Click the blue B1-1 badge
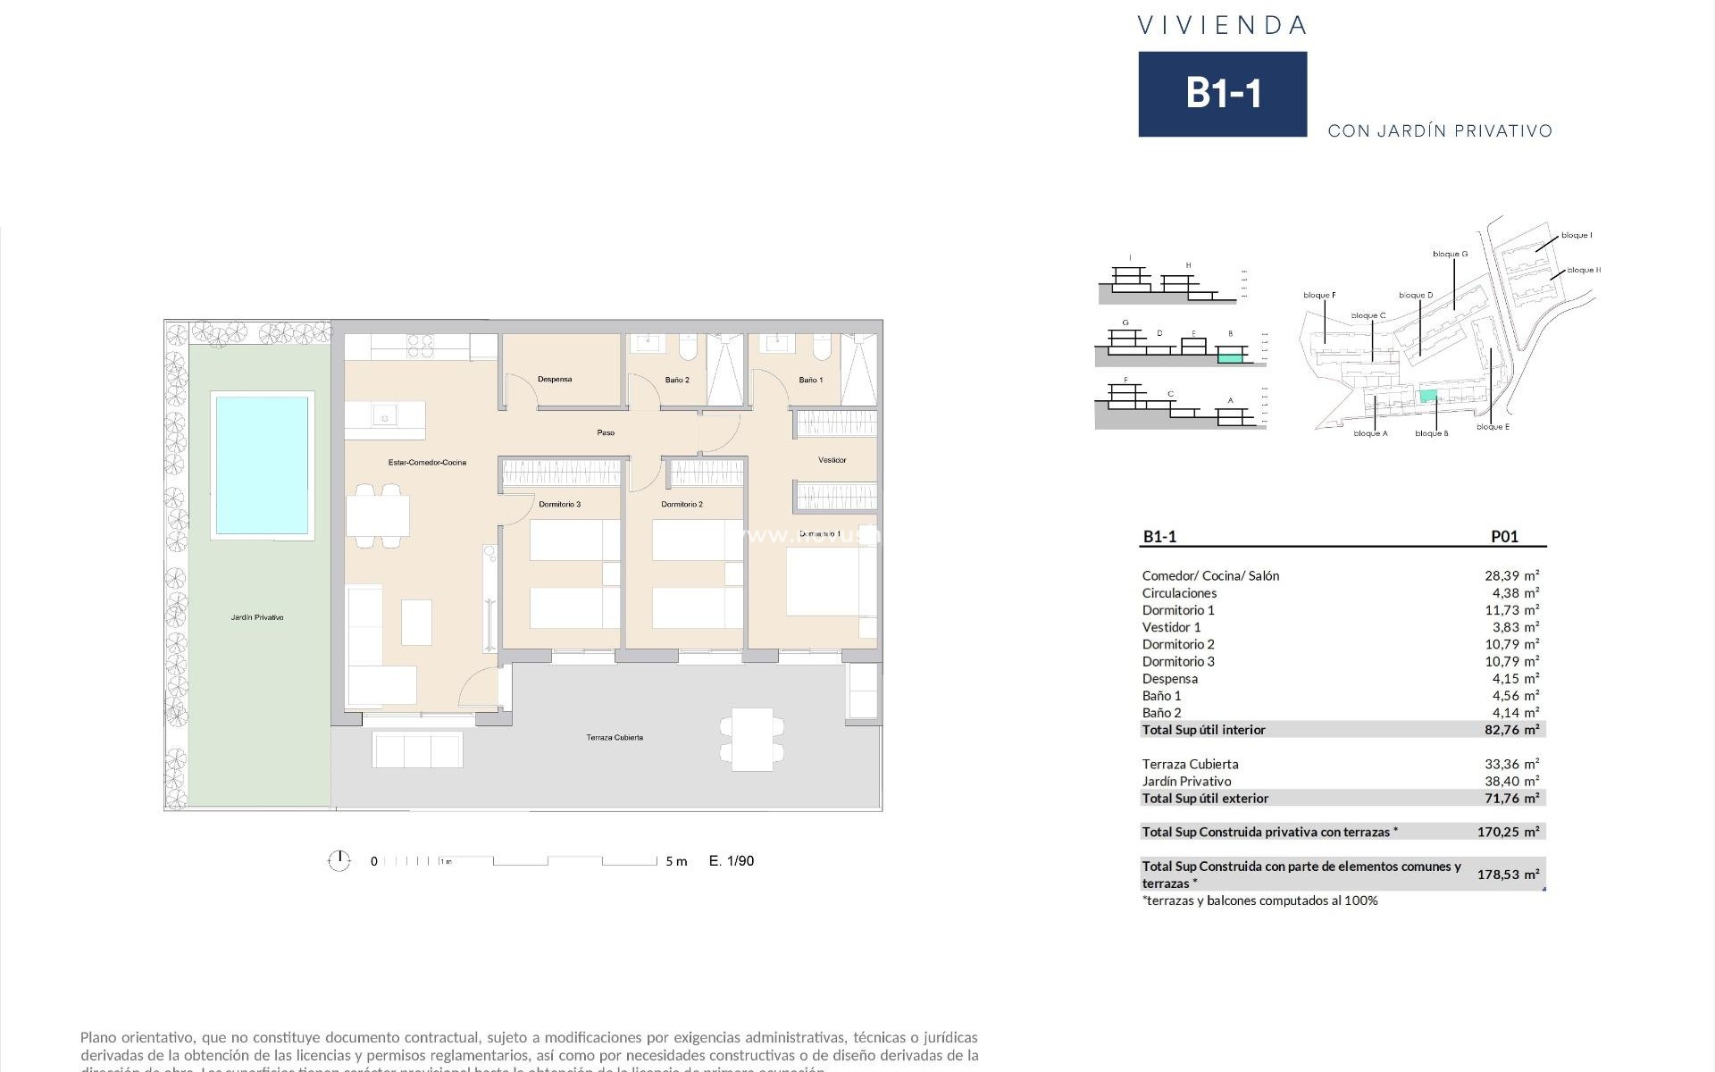coord(1222,94)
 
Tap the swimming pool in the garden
coord(262,465)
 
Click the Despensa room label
coord(555,380)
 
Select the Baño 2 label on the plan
coord(677,381)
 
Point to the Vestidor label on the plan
coord(832,460)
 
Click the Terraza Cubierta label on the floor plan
coord(615,738)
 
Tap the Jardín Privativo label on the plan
coord(257,617)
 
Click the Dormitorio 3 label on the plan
coord(560,505)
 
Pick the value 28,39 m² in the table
coord(1511,576)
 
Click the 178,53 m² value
coord(1508,875)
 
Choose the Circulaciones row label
coord(1179,593)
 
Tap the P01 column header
coord(1504,537)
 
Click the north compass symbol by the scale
coord(339,861)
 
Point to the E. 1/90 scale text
coord(732,861)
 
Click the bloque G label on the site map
coord(1450,255)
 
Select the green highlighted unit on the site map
coord(1428,396)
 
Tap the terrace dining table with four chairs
coord(752,740)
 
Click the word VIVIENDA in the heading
coord(1222,26)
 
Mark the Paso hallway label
coord(606,433)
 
